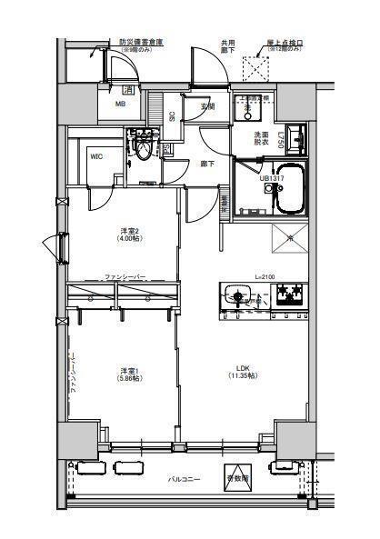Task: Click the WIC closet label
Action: [x=95, y=155]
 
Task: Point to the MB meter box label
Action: [x=119, y=104]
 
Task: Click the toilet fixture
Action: [x=142, y=147]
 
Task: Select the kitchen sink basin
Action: [x=239, y=295]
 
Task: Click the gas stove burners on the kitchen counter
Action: [x=292, y=294]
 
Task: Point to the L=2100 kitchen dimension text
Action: [x=265, y=276]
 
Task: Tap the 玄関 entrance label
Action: [x=207, y=106]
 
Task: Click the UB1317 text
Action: [x=271, y=179]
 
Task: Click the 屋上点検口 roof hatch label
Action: [x=284, y=42]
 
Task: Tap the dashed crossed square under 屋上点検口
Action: [x=263, y=68]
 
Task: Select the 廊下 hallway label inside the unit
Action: [x=207, y=165]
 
